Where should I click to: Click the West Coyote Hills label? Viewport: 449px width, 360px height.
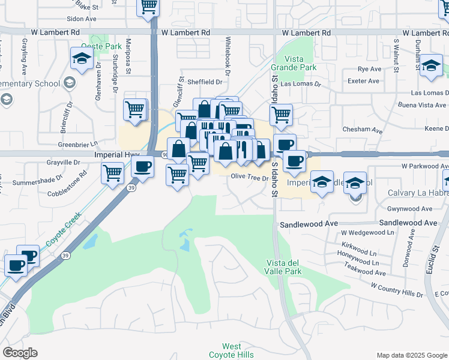231,350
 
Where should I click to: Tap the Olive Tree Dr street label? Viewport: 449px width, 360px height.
249,178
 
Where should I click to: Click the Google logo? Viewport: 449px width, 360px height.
20,353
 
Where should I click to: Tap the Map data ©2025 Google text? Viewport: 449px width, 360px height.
412,355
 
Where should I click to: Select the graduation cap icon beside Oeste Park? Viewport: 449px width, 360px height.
80,59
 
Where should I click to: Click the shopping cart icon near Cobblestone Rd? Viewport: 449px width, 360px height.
112,174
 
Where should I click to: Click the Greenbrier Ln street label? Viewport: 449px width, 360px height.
77,145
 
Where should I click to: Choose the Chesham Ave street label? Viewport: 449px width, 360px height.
362,130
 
